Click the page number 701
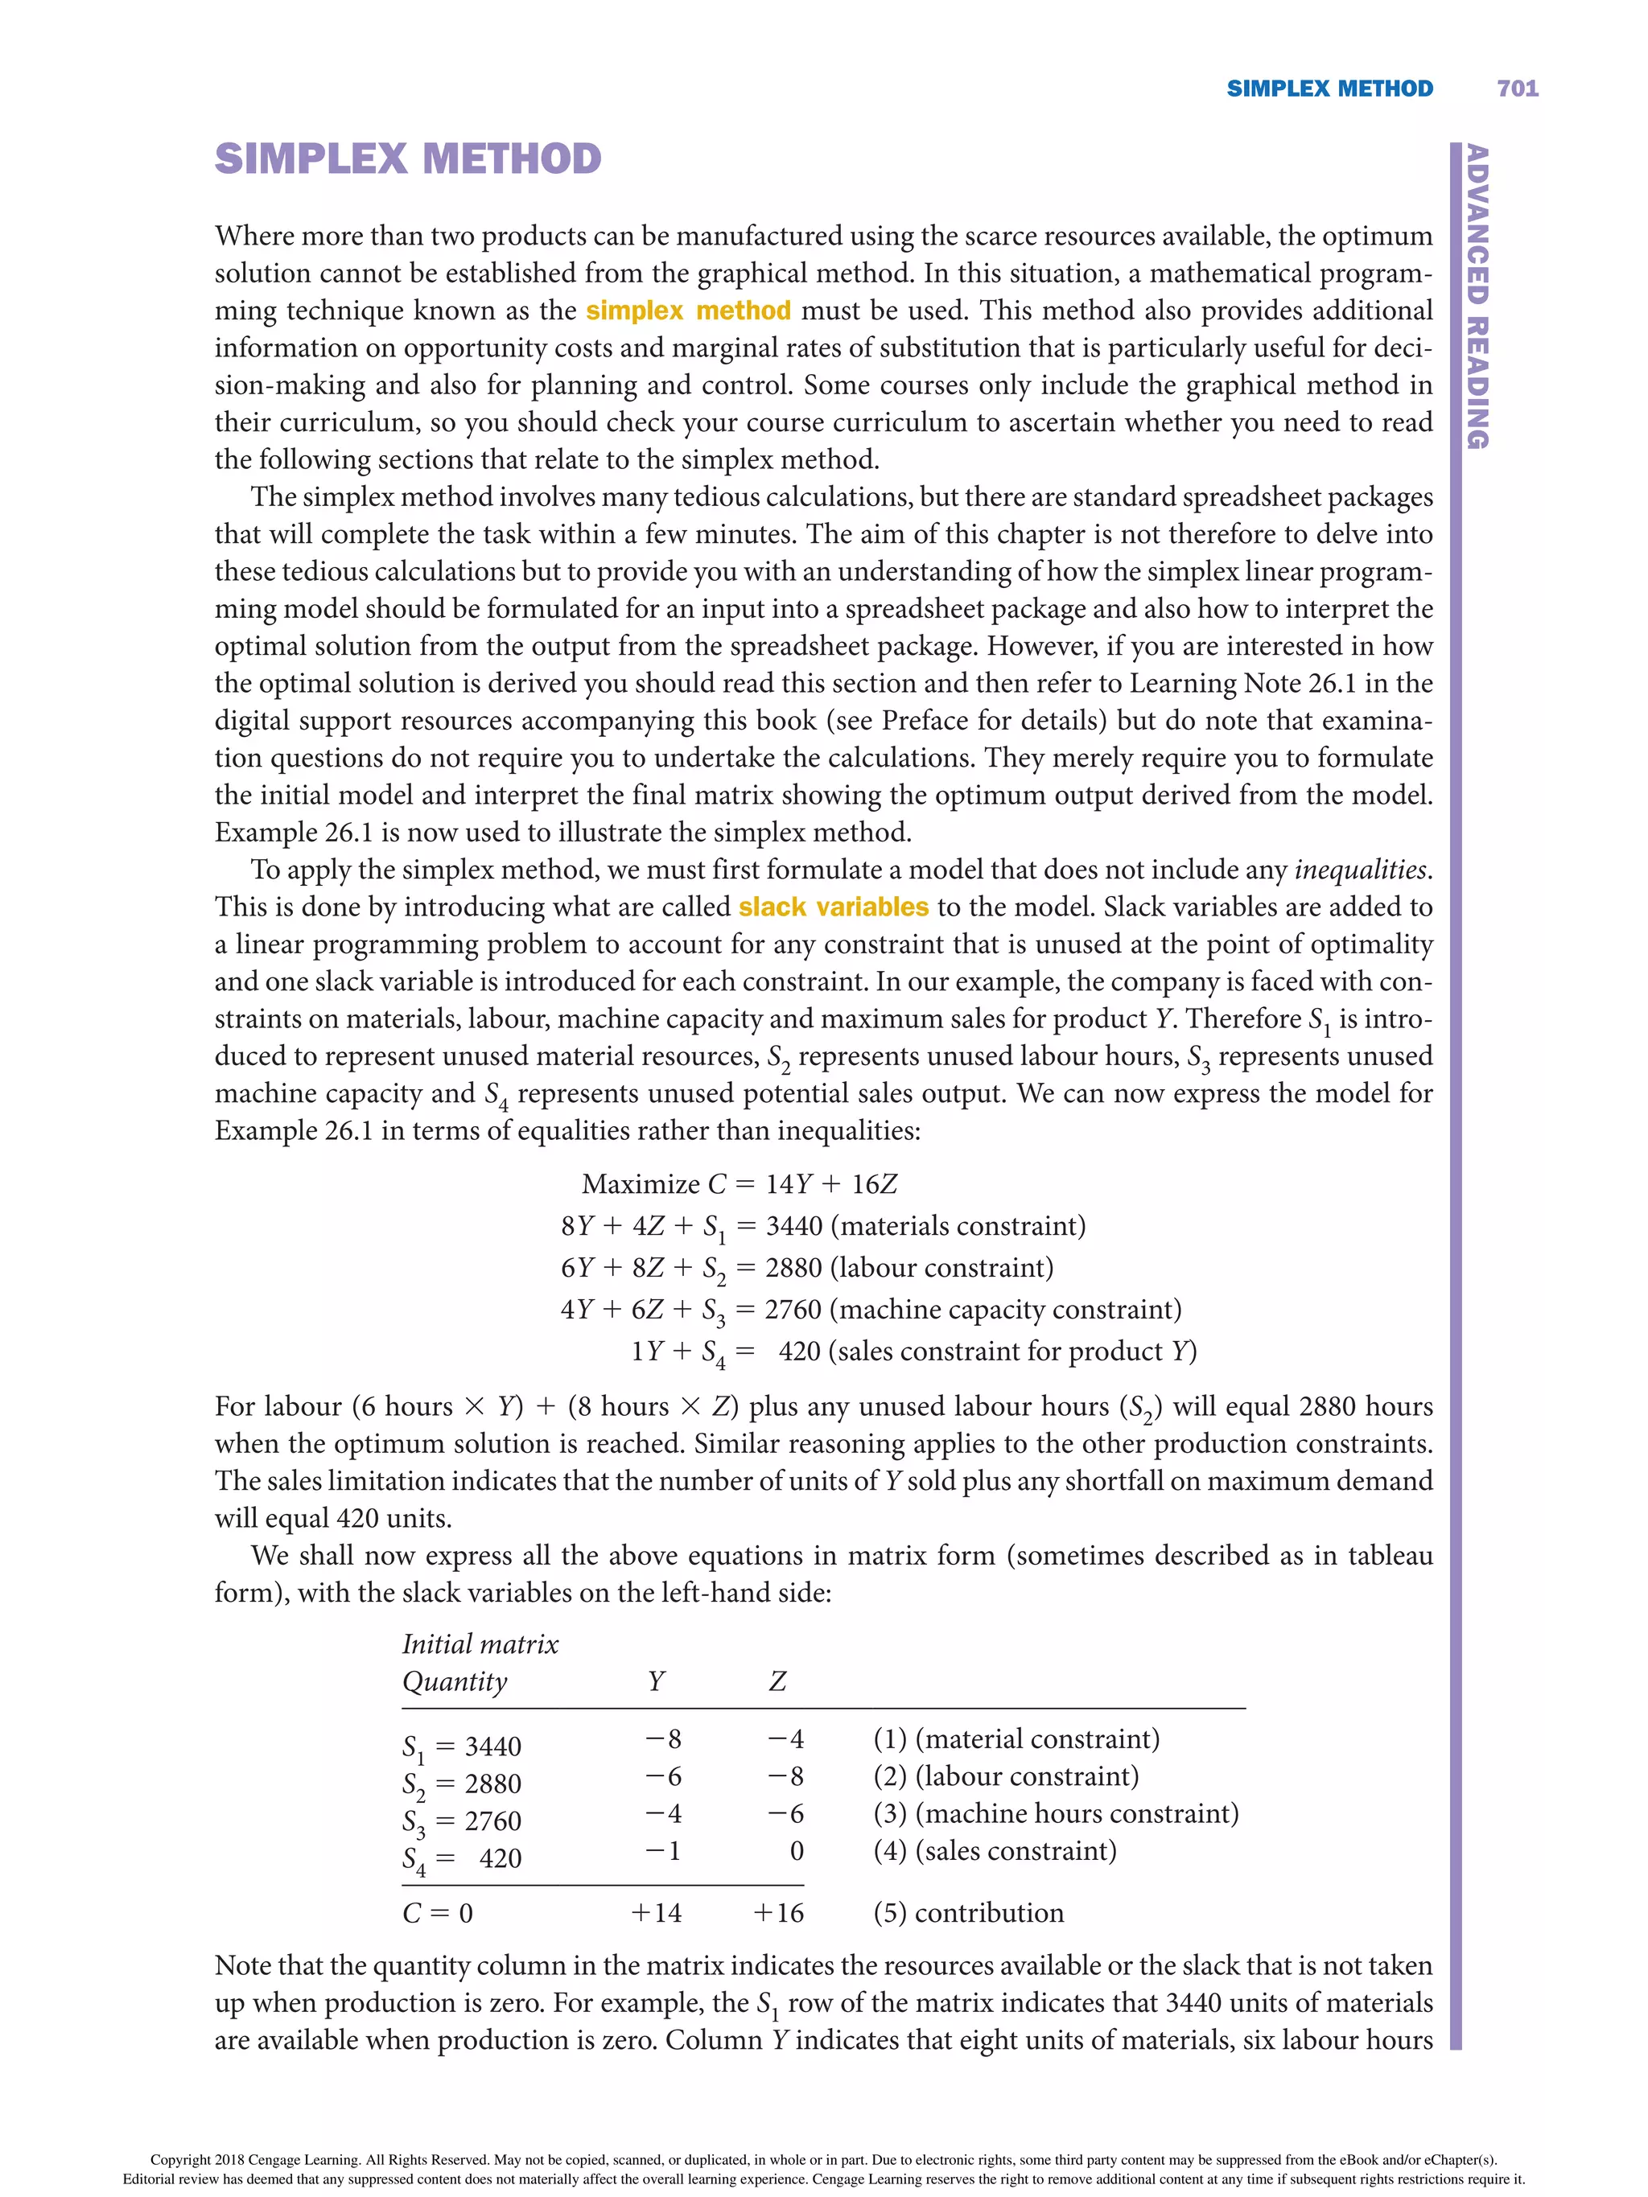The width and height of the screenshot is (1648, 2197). click(x=1517, y=88)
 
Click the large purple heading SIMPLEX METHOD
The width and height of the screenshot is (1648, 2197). click(x=407, y=159)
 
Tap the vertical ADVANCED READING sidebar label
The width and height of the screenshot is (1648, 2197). click(x=1477, y=296)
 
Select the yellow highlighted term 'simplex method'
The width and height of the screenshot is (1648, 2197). click(x=687, y=311)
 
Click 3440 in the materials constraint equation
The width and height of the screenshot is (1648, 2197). click(x=793, y=1226)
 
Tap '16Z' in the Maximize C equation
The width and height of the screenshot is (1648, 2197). click(x=874, y=1184)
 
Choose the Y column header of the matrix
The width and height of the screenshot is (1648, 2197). click(x=656, y=1681)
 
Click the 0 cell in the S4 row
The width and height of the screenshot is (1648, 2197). click(x=796, y=1851)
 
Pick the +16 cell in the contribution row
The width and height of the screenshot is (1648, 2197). click(x=778, y=1913)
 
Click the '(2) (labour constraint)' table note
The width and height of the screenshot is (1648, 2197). click(x=1005, y=1776)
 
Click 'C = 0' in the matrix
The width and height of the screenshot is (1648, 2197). click(x=437, y=1913)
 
